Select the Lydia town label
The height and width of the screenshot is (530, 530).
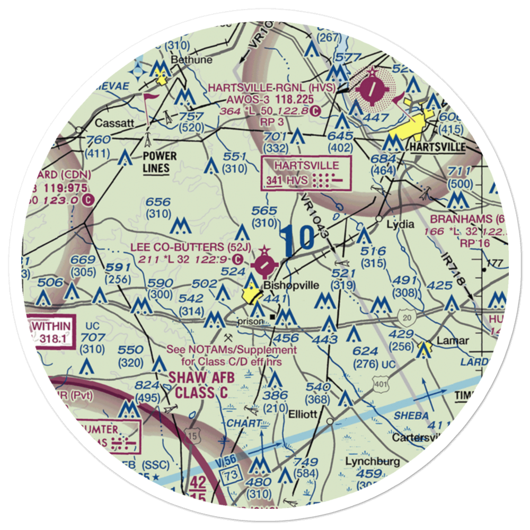[x=400, y=224]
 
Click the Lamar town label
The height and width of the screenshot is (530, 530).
[x=452, y=340]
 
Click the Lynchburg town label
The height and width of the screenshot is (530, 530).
[x=373, y=461]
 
